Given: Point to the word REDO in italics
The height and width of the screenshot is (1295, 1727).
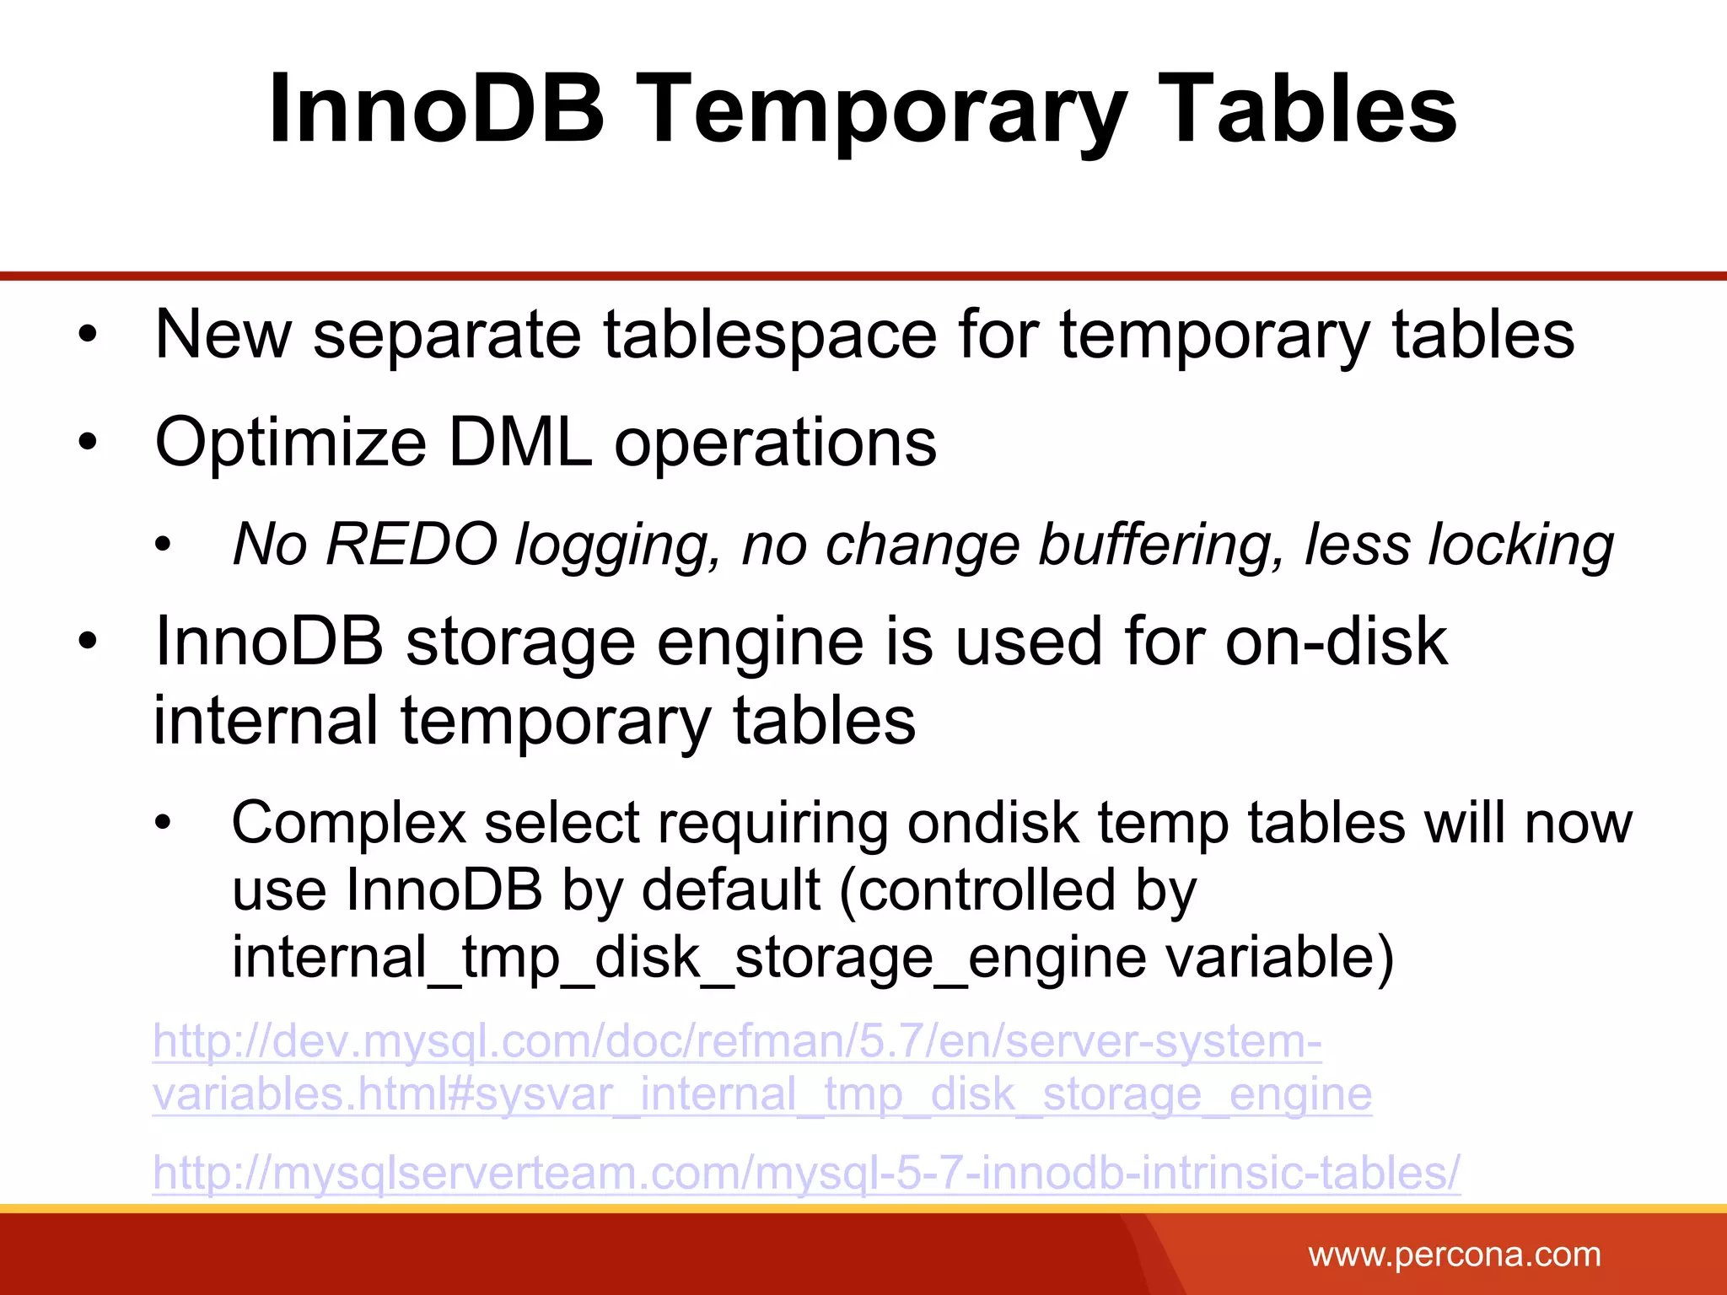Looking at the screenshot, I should pyautogui.click(x=412, y=544).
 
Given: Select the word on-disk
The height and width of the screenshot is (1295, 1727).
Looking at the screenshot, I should pyautogui.click(x=1336, y=641).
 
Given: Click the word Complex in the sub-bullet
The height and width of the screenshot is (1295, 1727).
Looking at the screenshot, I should pyautogui.click(x=348, y=822).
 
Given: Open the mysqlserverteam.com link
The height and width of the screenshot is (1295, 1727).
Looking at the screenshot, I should pyautogui.click(x=805, y=1172).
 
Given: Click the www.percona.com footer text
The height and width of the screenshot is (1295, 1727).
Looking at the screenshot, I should pyautogui.click(x=1454, y=1255).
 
